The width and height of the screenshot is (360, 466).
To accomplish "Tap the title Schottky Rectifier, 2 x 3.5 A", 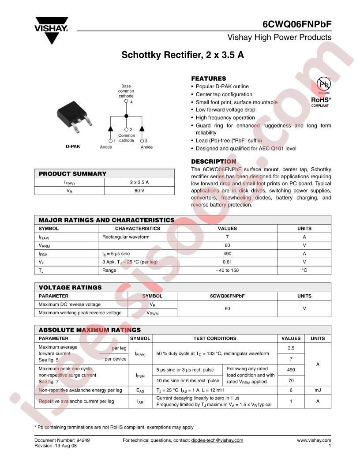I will click(x=183, y=56).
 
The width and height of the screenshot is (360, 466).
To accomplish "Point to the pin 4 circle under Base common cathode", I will click(x=127, y=101).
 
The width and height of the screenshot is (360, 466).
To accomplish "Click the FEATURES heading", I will click(x=208, y=79).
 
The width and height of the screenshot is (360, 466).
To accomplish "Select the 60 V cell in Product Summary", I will click(x=139, y=191).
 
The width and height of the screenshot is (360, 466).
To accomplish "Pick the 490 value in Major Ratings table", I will click(x=227, y=253).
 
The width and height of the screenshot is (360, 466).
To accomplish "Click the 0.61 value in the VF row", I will click(x=227, y=262).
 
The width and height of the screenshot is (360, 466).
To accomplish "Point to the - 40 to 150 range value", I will click(x=227, y=270).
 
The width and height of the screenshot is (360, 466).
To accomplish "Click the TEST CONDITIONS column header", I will click(x=215, y=338).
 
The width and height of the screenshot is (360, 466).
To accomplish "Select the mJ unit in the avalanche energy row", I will click(x=318, y=390).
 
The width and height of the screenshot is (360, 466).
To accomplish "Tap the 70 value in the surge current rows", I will click(x=291, y=380).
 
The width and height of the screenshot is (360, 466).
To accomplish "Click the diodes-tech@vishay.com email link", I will click(x=217, y=440).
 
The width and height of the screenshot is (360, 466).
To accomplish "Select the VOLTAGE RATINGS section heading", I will click(x=70, y=287).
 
